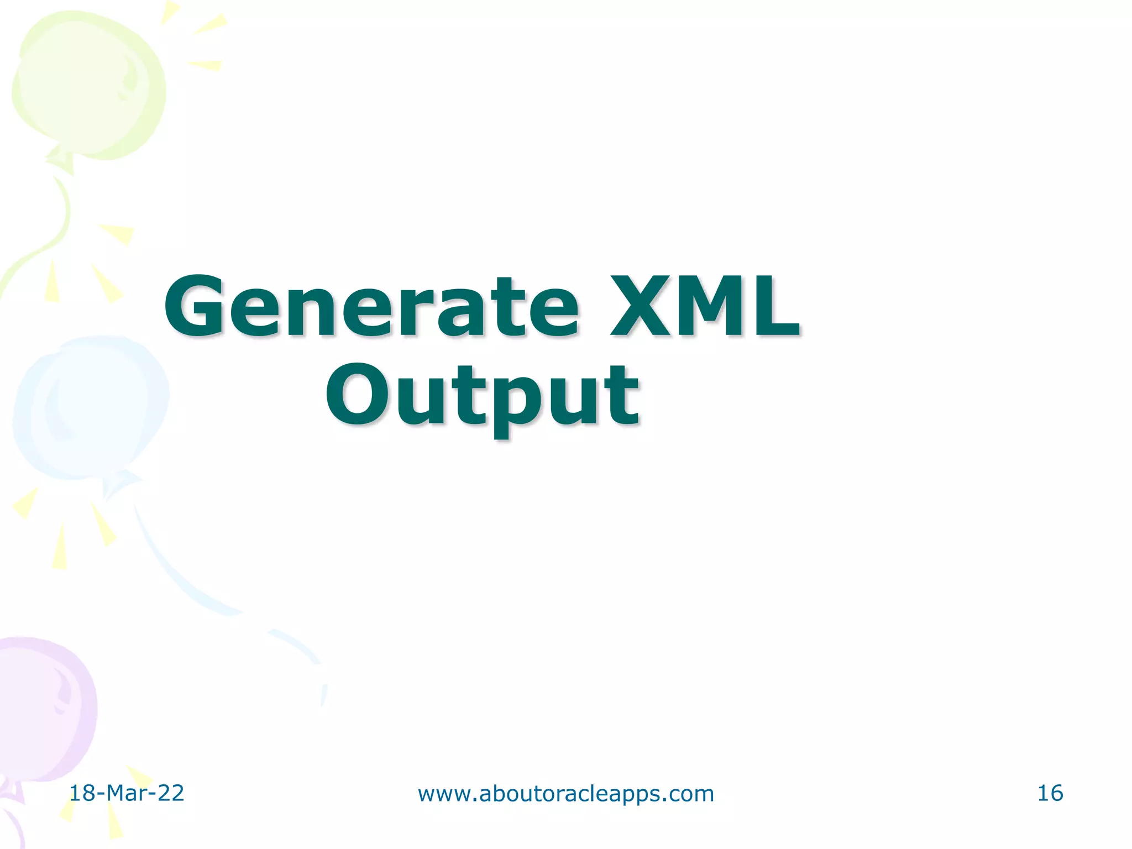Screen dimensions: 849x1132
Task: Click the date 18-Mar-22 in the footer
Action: [126, 793]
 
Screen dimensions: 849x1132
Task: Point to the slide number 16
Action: [1050, 793]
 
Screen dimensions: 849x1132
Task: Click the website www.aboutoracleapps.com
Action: [565, 794]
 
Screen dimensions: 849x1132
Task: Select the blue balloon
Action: [88, 406]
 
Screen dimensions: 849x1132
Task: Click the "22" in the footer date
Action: [170, 793]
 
